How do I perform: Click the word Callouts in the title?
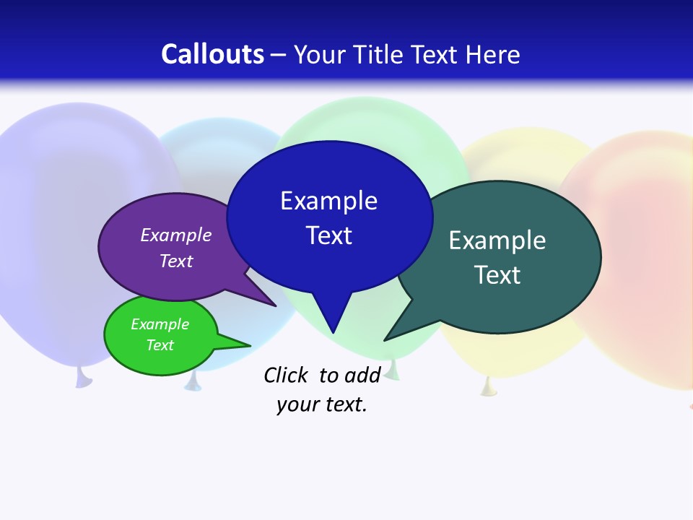point(212,54)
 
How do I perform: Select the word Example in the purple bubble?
point(176,235)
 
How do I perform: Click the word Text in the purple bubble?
point(176,261)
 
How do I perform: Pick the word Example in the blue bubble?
point(328,200)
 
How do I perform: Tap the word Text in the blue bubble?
point(328,235)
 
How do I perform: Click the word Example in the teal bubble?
point(497,240)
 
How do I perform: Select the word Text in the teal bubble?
point(497,274)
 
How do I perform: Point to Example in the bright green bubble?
point(160,324)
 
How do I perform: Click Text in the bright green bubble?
point(160,345)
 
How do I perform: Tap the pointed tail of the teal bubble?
point(393,334)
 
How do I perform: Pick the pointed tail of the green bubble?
point(242,344)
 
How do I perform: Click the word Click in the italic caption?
point(286,375)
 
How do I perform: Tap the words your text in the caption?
point(322,404)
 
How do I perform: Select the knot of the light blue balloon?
point(192,383)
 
